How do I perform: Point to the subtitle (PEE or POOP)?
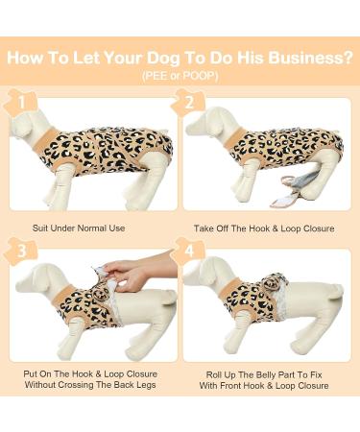pos(180,76)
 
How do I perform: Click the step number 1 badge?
pos(21,103)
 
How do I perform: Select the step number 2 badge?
pos(189,103)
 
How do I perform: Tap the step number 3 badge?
pos(21,252)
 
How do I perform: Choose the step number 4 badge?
pos(189,252)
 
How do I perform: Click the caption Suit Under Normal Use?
pos(79,228)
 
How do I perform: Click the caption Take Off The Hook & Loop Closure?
pos(264,228)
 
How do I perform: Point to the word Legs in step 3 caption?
pos(147,385)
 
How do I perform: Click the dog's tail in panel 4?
pos(336,289)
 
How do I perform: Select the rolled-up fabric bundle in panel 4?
pos(277,280)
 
